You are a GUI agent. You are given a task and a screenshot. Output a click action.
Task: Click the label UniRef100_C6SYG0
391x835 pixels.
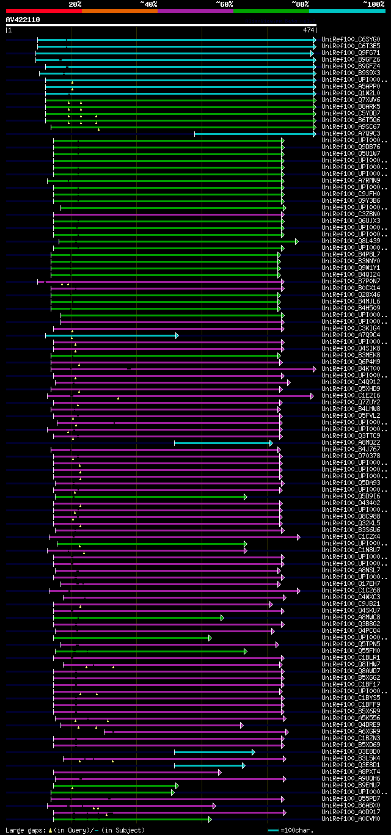tap(351, 40)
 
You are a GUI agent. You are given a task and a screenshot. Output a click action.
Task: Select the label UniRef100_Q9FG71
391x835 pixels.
tap(351, 53)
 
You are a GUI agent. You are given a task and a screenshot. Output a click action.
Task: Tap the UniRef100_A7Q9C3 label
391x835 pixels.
tap(351, 134)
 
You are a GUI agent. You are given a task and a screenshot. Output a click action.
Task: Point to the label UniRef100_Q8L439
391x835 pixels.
tap(351, 241)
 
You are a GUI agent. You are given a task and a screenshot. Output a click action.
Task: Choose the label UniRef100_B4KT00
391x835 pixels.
tap(351, 369)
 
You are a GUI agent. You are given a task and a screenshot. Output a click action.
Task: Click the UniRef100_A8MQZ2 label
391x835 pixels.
tap(351, 443)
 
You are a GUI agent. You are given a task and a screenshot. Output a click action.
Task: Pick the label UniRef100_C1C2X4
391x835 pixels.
tap(351, 537)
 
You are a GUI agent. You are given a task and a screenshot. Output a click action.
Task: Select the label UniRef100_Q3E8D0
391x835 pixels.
tap(351, 752)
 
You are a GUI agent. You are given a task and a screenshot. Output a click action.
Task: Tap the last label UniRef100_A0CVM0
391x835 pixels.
tap(351, 819)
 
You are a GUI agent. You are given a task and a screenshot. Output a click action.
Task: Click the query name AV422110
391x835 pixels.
tap(23, 20)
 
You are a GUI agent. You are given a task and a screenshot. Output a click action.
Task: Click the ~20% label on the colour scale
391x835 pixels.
tap(75, 4)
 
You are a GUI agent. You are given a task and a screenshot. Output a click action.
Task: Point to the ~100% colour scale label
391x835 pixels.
tap(373, 4)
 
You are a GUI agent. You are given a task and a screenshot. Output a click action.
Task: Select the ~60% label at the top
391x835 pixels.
tap(224, 4)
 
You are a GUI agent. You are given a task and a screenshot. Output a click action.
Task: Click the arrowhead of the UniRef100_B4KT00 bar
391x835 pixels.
tap(315, 369)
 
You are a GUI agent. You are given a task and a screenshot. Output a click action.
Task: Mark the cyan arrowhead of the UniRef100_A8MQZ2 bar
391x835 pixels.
tap(271, 443)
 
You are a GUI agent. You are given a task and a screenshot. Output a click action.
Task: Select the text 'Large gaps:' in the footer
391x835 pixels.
tap(25, 830)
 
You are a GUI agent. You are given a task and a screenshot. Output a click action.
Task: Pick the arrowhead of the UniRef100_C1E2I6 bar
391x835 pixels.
tap(312, 396)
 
